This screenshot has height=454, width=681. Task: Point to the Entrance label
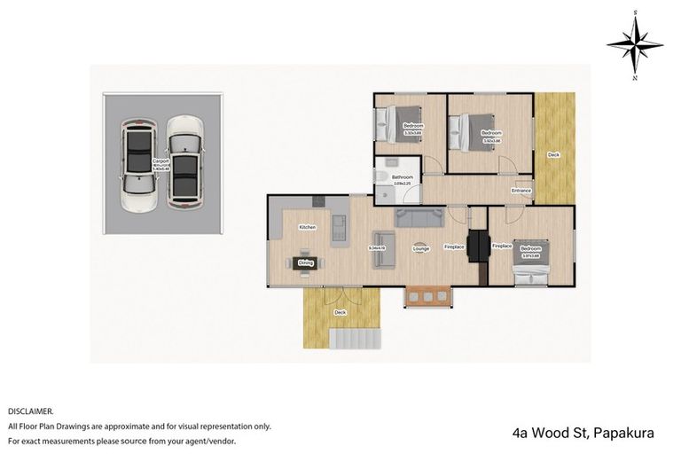(521, 191)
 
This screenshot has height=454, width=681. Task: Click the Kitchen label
(307, 228)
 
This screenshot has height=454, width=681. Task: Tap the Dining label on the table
(306, 262)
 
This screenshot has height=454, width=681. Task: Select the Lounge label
(421, 249)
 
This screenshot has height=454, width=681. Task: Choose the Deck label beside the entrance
(553, 155)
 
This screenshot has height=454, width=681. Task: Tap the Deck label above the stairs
(340, 312)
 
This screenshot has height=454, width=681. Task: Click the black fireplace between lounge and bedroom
(479, 246)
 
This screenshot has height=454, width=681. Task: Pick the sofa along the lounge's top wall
(420, 216)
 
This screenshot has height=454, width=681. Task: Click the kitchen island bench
(339, 229)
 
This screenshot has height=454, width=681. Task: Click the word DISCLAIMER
(31, 411)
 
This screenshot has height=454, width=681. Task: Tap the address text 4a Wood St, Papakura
(583, 434)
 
